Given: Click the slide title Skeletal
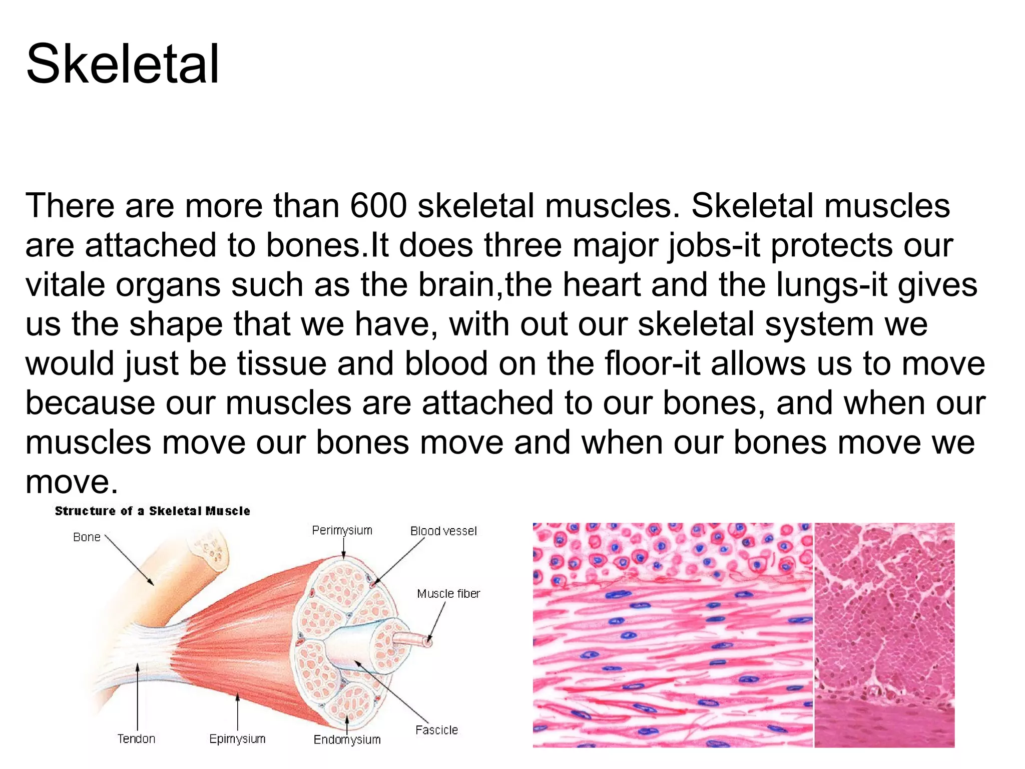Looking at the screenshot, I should click(123, 64).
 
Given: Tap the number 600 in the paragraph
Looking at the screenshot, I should click(378, 206).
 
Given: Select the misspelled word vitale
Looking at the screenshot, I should click(65, 285).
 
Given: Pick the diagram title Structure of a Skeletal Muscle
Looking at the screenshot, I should click(152, 511).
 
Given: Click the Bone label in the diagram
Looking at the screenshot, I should click(87, 537).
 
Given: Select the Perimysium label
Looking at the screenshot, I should click(342, 530).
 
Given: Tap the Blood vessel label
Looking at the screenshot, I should click(443, 531).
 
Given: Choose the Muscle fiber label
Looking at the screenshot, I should click(448, 594).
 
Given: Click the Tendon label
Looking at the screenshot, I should click(136, 739).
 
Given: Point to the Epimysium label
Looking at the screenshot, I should click(237, 739).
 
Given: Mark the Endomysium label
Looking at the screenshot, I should click(347, 740).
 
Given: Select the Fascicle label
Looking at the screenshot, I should click(436, 730).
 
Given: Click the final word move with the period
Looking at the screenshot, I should click(72, 482).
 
